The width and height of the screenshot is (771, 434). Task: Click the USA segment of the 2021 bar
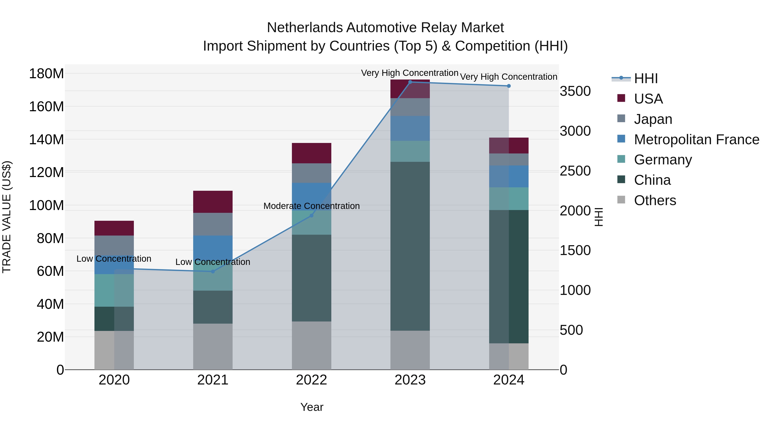pos(213,202)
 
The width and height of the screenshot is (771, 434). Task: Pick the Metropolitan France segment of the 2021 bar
pos(213,247)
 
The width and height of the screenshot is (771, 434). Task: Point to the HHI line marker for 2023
pos(410,82)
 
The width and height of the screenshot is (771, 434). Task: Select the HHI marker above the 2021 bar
pos(213,271)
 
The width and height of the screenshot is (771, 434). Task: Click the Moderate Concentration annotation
pos(311,206)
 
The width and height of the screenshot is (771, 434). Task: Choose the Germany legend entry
pos(663,160)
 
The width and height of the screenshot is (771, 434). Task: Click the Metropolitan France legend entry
pos(696,140)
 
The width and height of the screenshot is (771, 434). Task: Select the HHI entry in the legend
pos(645,78)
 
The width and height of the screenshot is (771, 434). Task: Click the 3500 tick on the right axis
pos(575,91)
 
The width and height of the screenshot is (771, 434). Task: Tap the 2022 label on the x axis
pos(311,380)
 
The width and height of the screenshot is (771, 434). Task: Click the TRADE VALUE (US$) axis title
pos(7,217)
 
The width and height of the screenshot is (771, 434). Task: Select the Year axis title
pos(312,407)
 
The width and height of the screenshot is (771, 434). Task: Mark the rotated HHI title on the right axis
pos(598,217)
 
